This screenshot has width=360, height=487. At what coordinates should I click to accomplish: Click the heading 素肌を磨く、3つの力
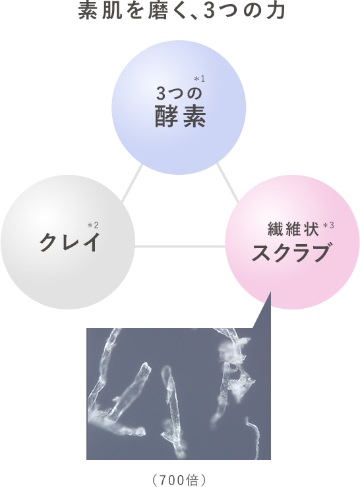[181, 11]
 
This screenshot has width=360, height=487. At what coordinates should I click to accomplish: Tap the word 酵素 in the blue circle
[180, 117]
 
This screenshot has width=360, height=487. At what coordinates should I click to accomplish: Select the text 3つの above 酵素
[179, 93]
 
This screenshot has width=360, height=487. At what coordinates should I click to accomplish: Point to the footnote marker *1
[200, 79]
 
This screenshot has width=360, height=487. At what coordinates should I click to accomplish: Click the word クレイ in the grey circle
[70, 242]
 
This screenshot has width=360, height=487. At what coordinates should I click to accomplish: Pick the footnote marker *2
[93, 225]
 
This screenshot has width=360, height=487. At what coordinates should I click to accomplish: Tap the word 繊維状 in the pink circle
[293, 230]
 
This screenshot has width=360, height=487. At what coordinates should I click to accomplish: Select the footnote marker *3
[328, 226]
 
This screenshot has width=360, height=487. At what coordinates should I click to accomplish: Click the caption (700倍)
[179, 480]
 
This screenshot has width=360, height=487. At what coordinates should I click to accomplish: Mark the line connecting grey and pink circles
[180, 247]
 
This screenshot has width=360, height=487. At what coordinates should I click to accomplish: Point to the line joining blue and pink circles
[227, 183]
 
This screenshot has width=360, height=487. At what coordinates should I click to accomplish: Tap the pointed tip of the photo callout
[270, 292]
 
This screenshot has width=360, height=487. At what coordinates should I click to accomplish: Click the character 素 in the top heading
[87, 12]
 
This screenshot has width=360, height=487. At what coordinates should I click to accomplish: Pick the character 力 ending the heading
[277, 12]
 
